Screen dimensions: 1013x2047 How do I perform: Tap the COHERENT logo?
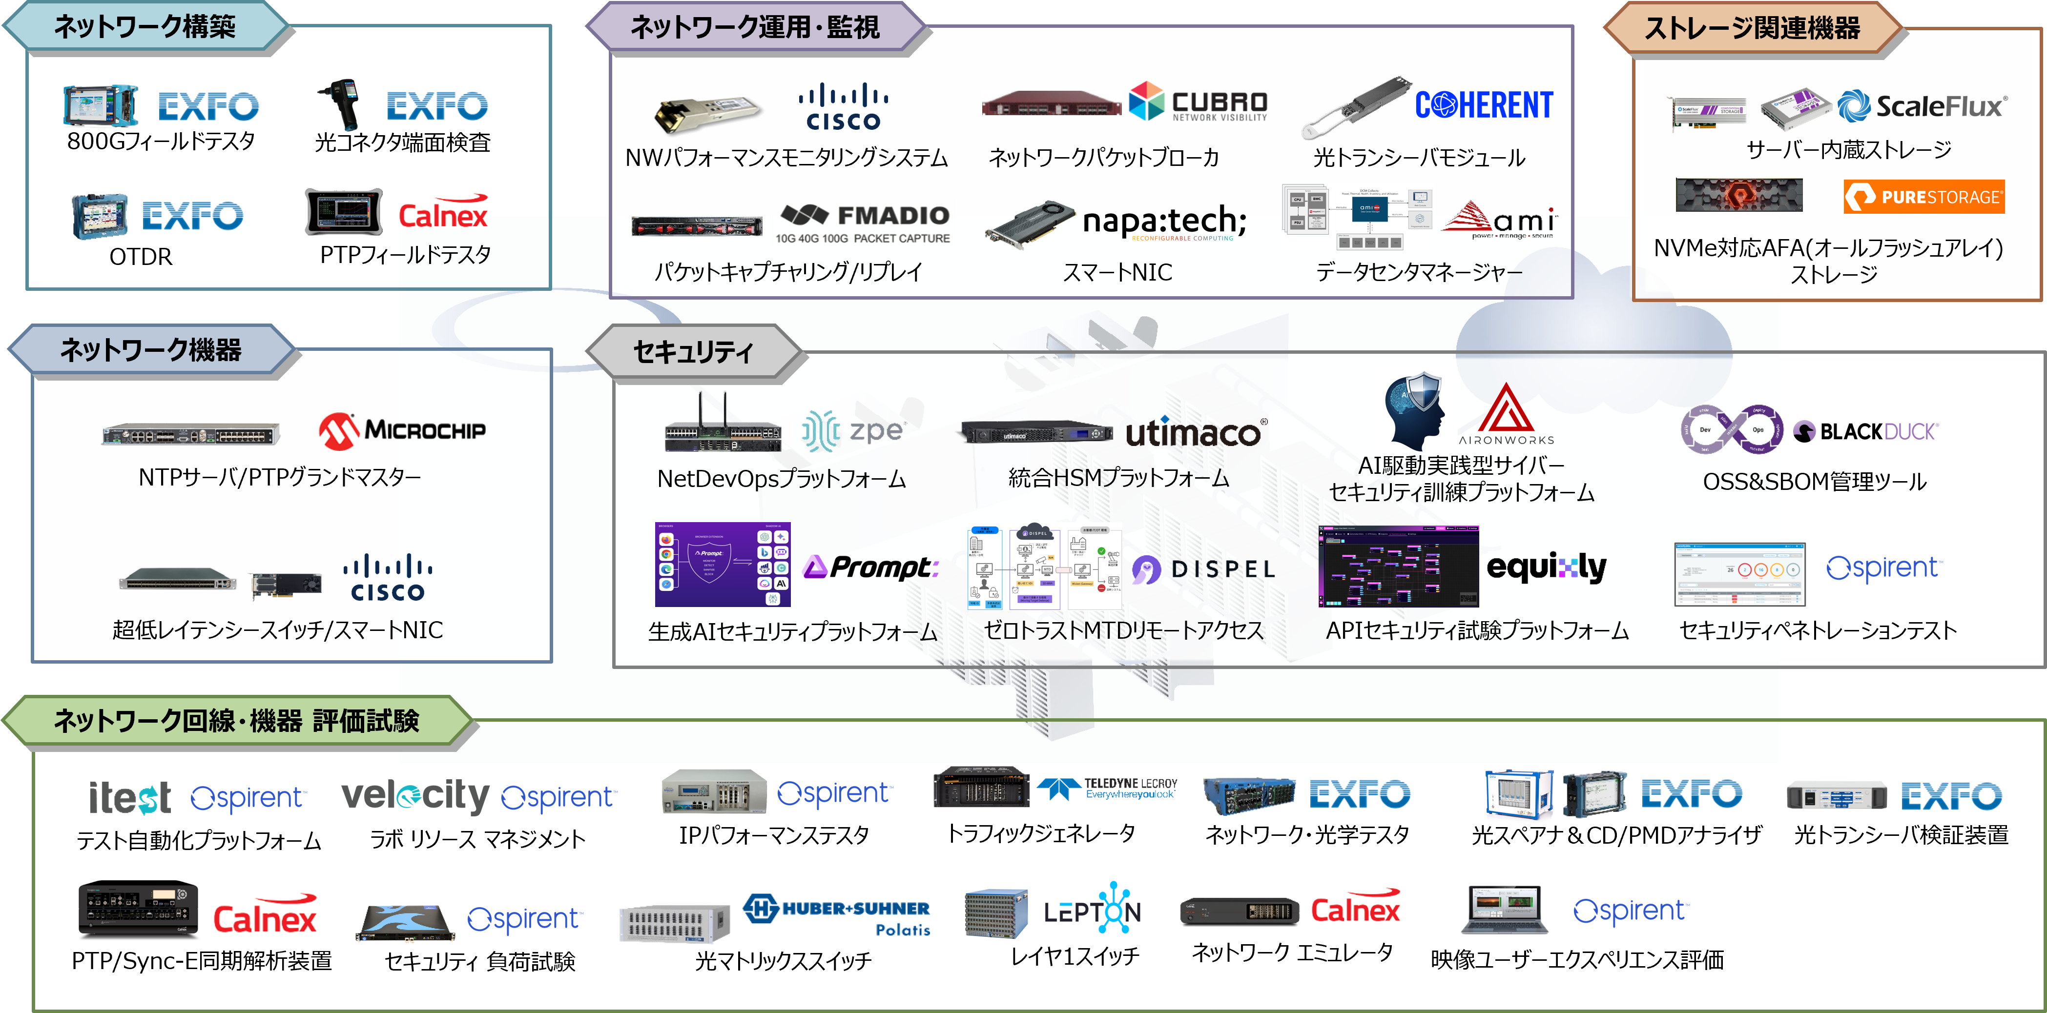click(1484, 105)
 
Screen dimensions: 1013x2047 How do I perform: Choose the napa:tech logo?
click(1164, 222)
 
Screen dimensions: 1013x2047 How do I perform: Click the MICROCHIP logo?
click(401, 431)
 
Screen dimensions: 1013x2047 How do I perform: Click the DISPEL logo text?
click(1204, 569)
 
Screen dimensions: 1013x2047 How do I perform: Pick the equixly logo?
click(1546, 567)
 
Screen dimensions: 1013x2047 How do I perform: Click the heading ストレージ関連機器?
click(1752, 29)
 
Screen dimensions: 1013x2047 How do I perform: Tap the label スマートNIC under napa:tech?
click(1117, 272)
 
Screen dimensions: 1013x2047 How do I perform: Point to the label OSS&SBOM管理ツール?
click(1814, 482)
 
